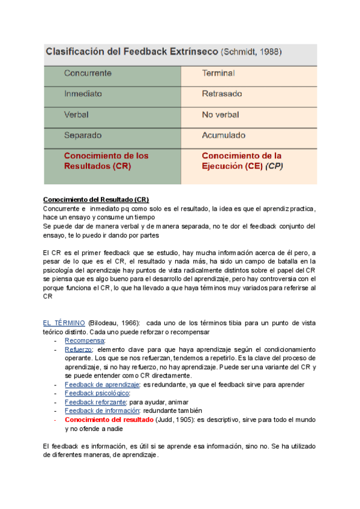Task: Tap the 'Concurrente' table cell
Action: pyautogui.click(x=88, y=73)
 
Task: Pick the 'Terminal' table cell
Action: pyautogui.click(x=218, y=73)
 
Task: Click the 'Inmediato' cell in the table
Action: pyautogui.click(x=83, y=94)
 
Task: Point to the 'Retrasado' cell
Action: pyautogui.click(x=222, y=94)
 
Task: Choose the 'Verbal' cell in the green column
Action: pyautogui.click(x=77, y=114)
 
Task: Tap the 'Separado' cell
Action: pyautogui.click(x=83, y=135)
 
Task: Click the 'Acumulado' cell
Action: pyautogui.click(x=224, y=135)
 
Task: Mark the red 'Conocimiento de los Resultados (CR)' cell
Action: pyautogui.click(x=106, y=160)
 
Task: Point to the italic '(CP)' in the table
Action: pyautogui.click(x=275, y=166)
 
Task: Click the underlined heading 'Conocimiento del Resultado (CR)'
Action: pyautogui.click(x=96, y=199)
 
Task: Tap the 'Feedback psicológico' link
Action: pyautogui.click(x=97, y=393)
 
